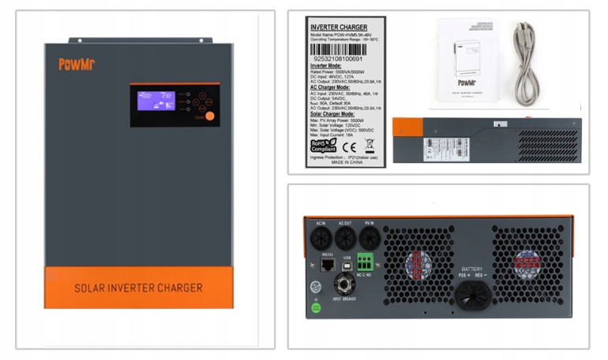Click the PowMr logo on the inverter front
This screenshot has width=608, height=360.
tap(76, 65)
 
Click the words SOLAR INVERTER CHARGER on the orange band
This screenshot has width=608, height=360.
tap(139, 288)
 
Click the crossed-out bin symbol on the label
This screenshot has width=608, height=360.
tap(369, 145)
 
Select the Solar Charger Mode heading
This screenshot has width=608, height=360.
tap(336, 113)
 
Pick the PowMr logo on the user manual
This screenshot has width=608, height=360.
tap(467, 82)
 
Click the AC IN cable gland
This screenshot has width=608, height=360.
tap(321, 238)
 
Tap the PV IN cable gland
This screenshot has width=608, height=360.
tap(369, 238)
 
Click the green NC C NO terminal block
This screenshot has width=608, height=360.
tap(365, 262)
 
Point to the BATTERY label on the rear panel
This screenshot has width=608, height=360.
tap(473, 269)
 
